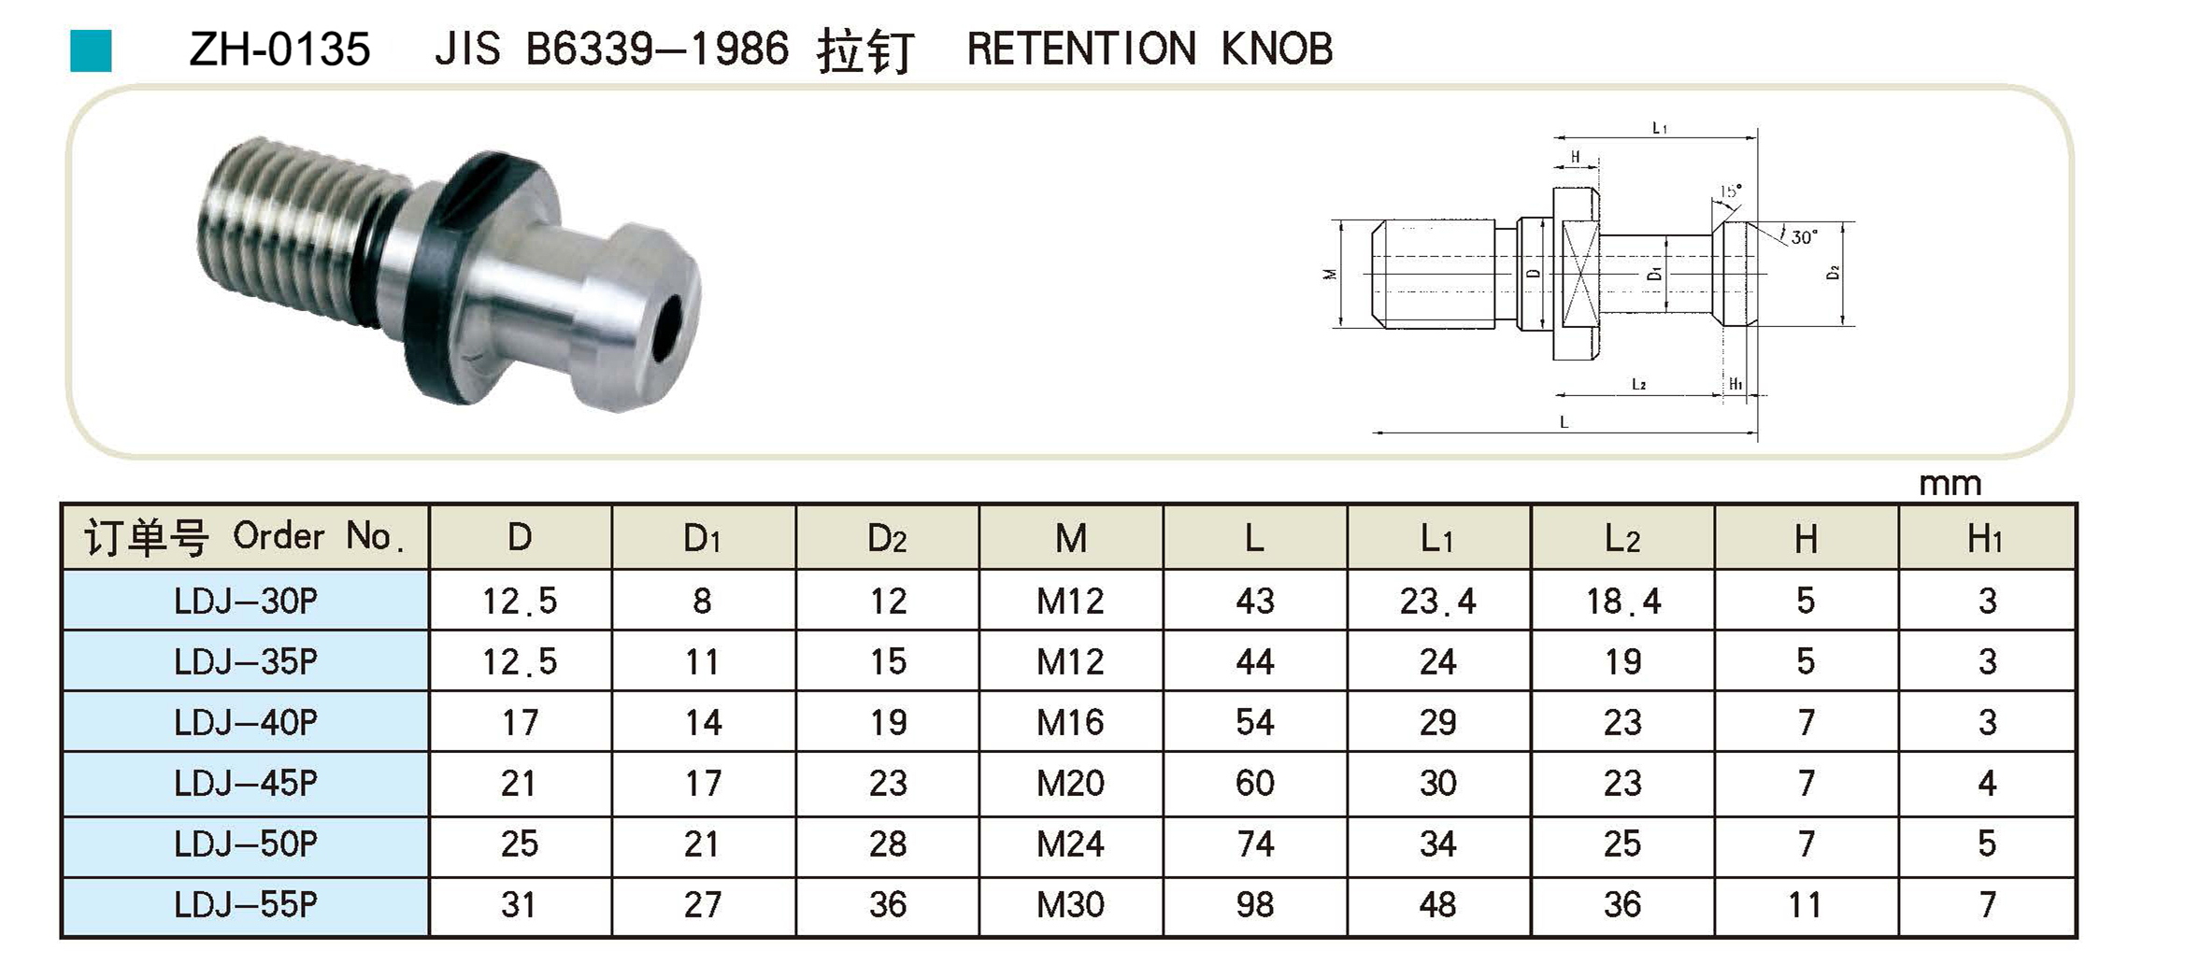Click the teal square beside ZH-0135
(91, 50)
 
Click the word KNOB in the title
(1277, 49)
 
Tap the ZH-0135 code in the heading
(279, 50)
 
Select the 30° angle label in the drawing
(1803, 237)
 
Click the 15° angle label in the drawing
(1730, 191)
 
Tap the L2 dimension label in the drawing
(1638, 384)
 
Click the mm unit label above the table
(1949, 484)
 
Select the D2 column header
(887, 538)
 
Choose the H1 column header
(1985, 538)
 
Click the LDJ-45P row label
(246, 783)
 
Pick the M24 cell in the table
(1070, 844)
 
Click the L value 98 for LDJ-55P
(1254, 904)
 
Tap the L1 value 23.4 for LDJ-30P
(1437, 602)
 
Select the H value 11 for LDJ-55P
(1805, 904)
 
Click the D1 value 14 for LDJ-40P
(703, 722)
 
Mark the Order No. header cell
(246, 538)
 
